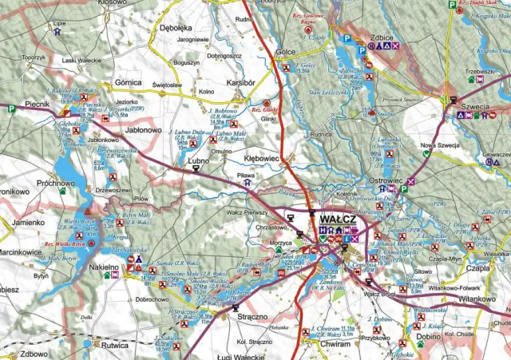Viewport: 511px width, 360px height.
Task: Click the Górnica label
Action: [x=127, y=82]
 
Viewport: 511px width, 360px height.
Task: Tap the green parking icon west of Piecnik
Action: [x=12, y=108]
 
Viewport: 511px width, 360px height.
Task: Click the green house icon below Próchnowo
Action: [x=62, y=192]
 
